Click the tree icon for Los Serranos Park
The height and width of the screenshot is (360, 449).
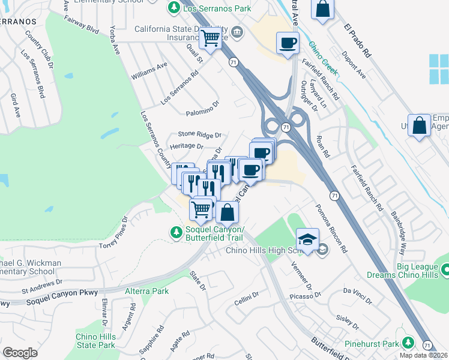[173, 8]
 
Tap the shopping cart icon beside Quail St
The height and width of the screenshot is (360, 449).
[210, 38]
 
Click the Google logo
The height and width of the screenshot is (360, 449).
[19, 353]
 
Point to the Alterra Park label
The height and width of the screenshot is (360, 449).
[147, 291]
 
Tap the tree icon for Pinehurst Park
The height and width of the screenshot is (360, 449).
[408, 343]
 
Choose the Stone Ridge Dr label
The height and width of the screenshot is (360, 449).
[200, 135]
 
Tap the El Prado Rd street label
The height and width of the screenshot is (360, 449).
[358, 41]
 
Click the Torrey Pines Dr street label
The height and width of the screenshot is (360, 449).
[114, 233]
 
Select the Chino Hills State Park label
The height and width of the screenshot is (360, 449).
[95, 341]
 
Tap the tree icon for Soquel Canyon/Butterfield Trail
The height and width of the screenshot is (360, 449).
[175, 232]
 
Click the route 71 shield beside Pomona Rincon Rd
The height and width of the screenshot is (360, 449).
[333, 196]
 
